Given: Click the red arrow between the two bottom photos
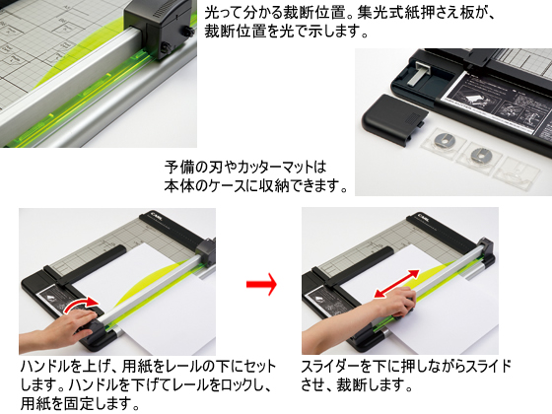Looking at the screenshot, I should click(261, 285).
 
